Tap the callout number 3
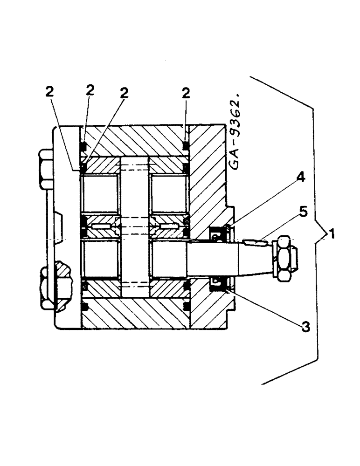(305, 327)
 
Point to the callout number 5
(304, 212)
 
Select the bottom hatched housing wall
(135, 314)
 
